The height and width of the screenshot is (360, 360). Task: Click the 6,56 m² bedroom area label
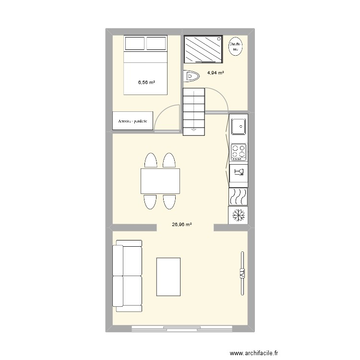pos(146,82)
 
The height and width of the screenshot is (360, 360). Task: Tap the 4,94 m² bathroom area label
pos(216,73)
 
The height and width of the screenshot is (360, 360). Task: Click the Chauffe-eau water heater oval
pos(236,46)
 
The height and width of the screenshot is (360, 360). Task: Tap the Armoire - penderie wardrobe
pos(133,121)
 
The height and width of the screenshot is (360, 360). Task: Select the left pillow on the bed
pos(135,44)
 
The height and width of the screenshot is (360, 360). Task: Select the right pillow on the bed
pos(156,44)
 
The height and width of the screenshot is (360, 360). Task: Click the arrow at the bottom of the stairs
pos(193,128)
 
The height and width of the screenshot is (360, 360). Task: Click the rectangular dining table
pos(160,180)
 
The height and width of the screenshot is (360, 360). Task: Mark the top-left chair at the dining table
pos(150,160)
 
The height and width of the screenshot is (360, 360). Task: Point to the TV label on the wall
pos(242,274)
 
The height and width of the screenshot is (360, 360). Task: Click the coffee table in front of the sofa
pos(168,276)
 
